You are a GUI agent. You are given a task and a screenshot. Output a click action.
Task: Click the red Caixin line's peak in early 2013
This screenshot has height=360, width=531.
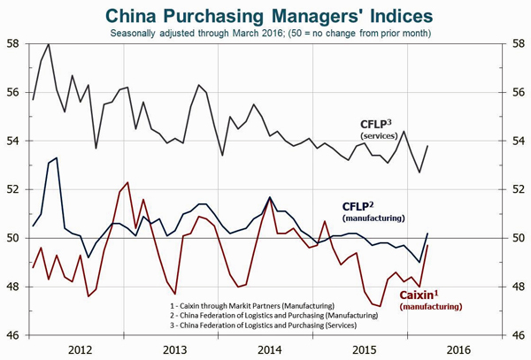(x=128, y=182)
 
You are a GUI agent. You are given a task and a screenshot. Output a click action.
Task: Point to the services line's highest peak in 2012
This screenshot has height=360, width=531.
(x=48, y=43)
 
